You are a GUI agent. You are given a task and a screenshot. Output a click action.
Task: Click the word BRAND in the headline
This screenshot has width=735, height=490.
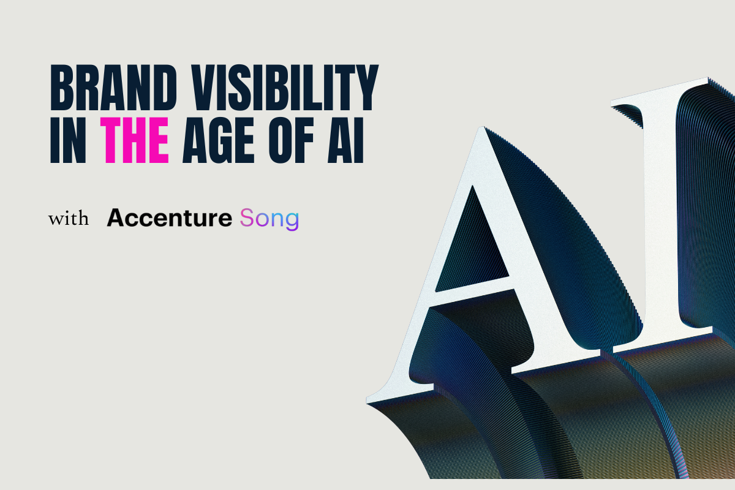[113, 88]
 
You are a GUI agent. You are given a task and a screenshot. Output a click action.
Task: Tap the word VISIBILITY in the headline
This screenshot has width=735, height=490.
[285, 88]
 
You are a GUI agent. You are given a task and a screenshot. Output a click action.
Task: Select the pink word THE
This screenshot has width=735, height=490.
[135, 140]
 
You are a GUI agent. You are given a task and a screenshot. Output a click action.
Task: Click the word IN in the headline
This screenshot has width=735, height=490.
[68, 140]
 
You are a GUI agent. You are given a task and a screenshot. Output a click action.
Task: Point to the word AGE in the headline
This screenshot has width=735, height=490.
[218, 140]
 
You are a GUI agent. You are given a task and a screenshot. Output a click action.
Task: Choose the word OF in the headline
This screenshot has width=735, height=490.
[291, 140]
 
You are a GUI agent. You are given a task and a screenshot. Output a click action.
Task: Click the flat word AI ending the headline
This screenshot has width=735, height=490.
[345, 140]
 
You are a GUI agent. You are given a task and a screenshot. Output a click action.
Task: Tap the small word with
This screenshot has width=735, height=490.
[69, 219]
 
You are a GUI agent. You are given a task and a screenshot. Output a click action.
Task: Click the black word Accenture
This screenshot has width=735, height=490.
[169, 217]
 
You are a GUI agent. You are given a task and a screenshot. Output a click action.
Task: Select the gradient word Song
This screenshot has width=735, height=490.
[269, 219]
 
